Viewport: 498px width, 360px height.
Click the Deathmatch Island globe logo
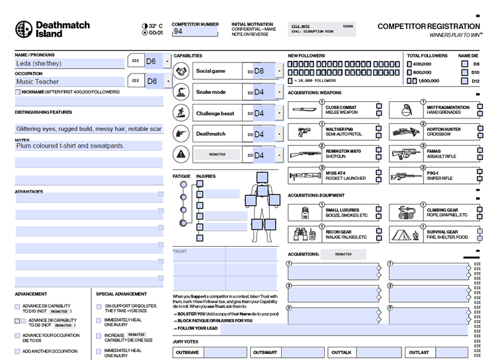tap(24, 29)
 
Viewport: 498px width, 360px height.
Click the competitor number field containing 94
tap(195, 31)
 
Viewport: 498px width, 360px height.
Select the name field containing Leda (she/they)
tap(70, 64)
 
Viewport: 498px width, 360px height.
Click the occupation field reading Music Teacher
tap(70, 82)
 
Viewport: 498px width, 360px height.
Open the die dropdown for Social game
tap(280, 71)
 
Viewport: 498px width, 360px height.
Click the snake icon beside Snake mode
tap(183, 92)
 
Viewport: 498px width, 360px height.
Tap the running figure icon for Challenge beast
tap(183, 113)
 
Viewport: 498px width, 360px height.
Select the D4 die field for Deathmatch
tap(263, 134)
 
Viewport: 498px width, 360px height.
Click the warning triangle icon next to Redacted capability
tap(183, 155)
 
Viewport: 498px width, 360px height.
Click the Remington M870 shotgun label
tap(343, 152)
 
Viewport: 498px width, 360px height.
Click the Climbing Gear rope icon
tap(405, 212)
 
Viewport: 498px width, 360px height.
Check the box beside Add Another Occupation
tap(17, 351)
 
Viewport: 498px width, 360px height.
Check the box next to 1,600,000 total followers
tap(411, 81)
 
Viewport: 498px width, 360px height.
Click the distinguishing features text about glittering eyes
tap(89, 128)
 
